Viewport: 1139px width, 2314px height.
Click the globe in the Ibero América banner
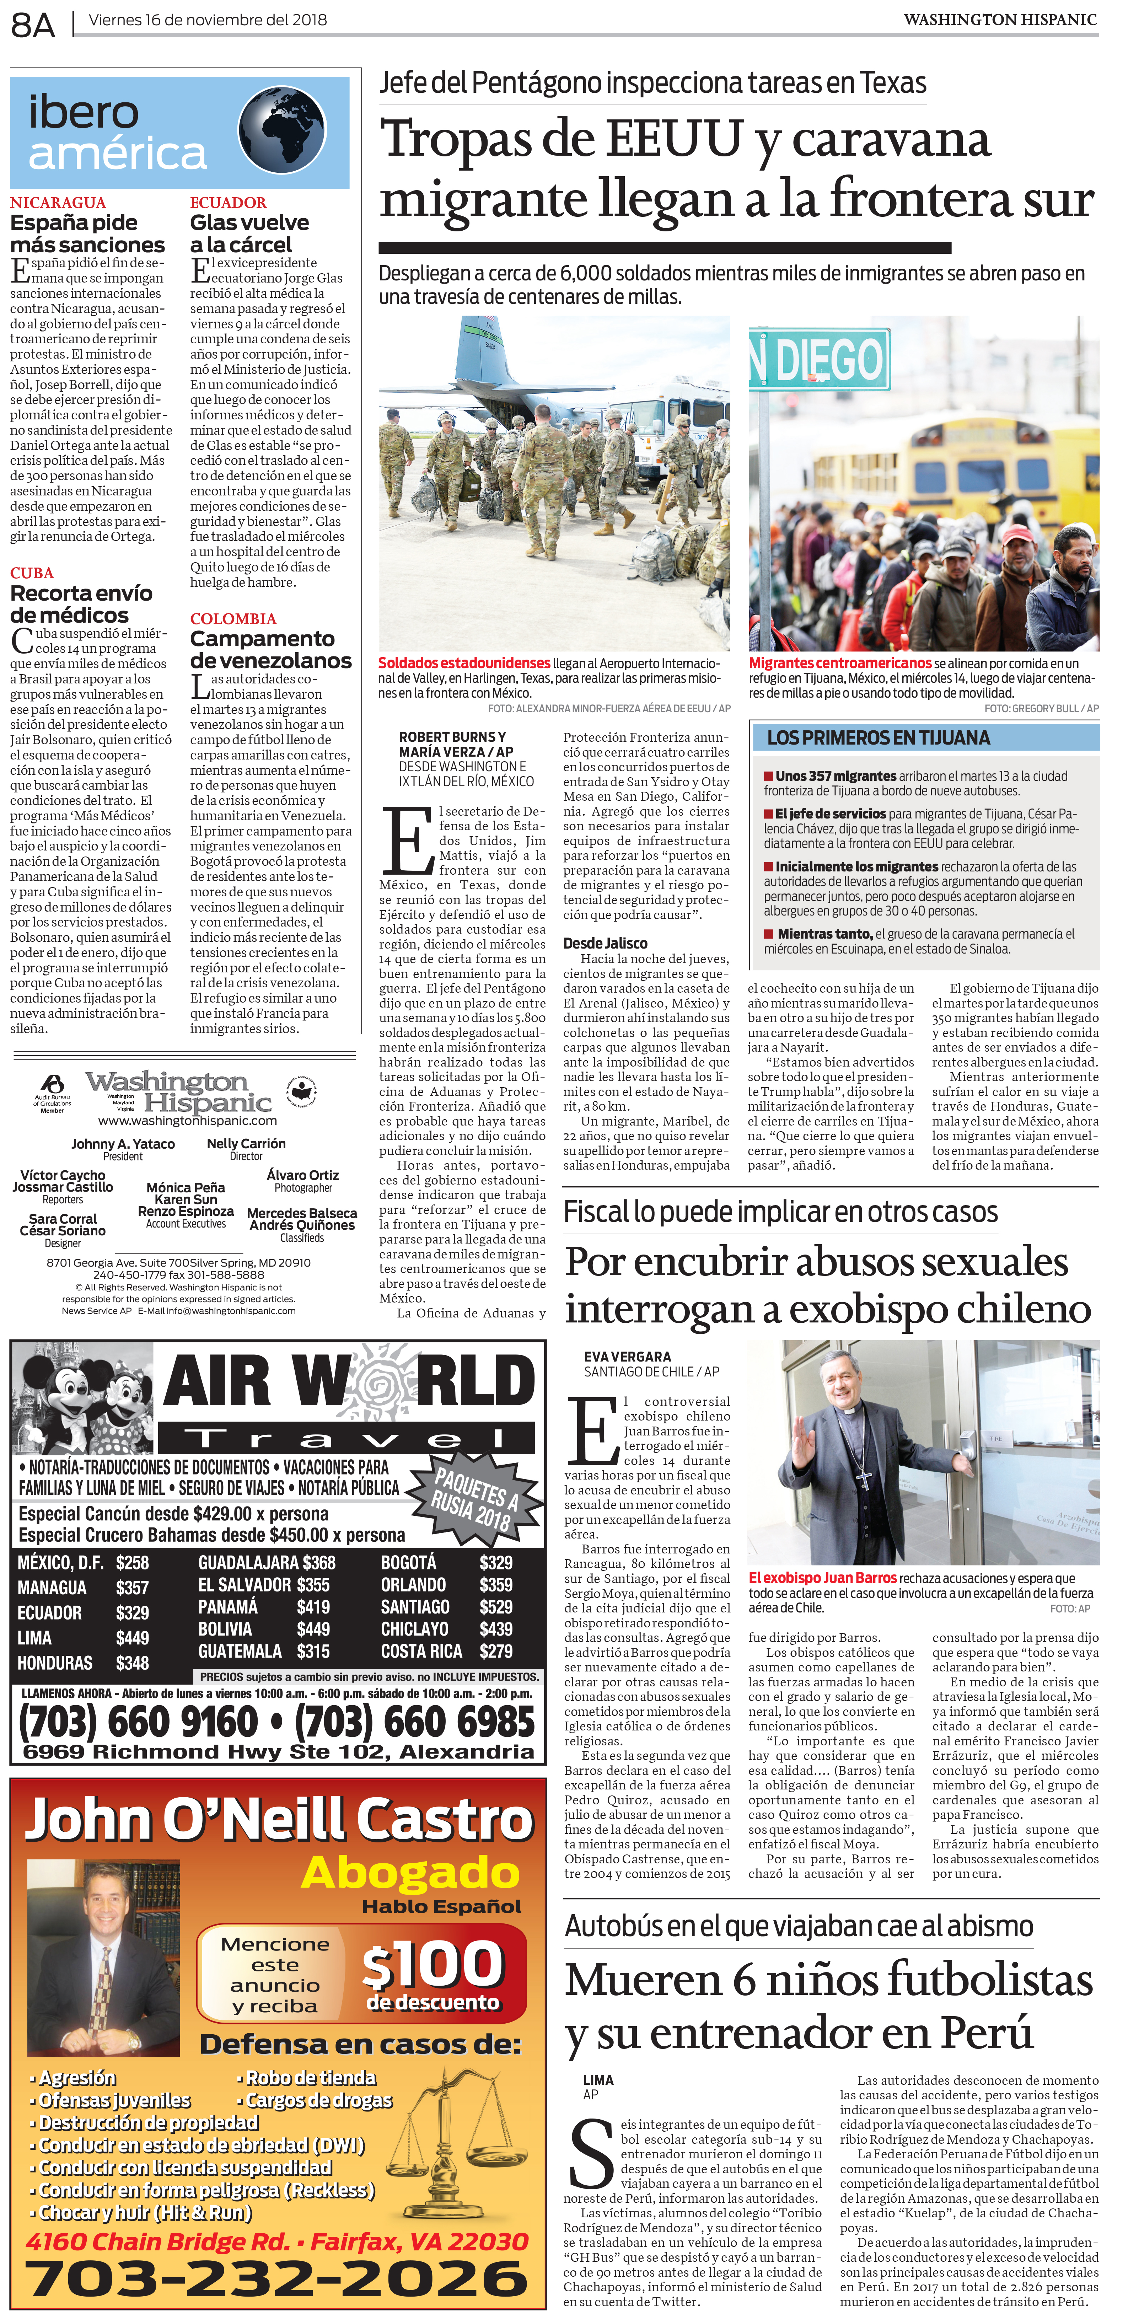(x=282, y=130)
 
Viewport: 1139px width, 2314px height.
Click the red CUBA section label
(x=31, y=573)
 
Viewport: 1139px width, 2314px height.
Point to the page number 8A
(x=33, y=25)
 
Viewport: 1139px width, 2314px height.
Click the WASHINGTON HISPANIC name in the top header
(x=1000, y=20)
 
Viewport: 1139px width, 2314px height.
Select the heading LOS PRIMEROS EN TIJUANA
(x=877, y=737)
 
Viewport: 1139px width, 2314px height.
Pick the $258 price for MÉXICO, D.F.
(x=132, y=1563)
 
